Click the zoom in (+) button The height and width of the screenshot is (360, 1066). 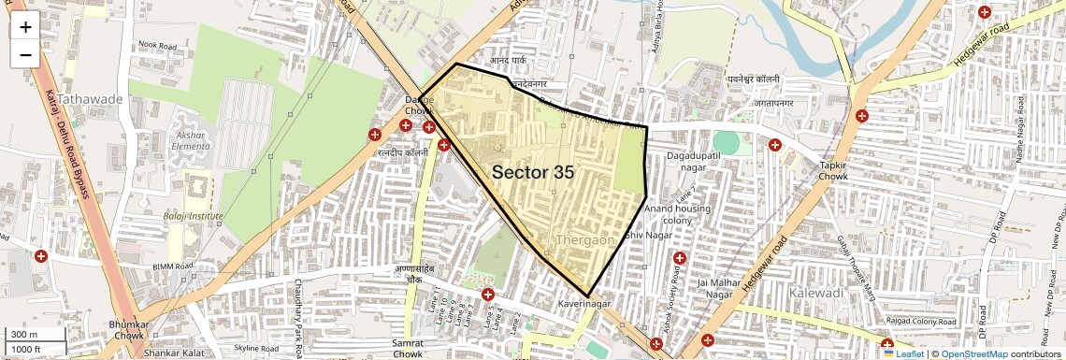tap(25, 27)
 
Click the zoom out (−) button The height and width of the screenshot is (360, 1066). tap(25, 54)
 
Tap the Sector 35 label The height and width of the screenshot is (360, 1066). tap(532, 172)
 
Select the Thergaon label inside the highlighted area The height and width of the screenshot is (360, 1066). tap(584, 240)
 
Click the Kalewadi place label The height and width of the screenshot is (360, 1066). tap(817, 293)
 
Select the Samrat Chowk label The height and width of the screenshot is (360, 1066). tap(408, 349)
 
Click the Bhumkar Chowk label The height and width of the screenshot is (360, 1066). tap(125, 328)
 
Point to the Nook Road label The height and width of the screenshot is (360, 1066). tap(157, 45)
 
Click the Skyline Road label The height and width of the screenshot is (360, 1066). tap(256, 348)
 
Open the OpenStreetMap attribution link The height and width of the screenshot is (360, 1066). tap(973, 354)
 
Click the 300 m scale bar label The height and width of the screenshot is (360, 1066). tap(24, 335)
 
